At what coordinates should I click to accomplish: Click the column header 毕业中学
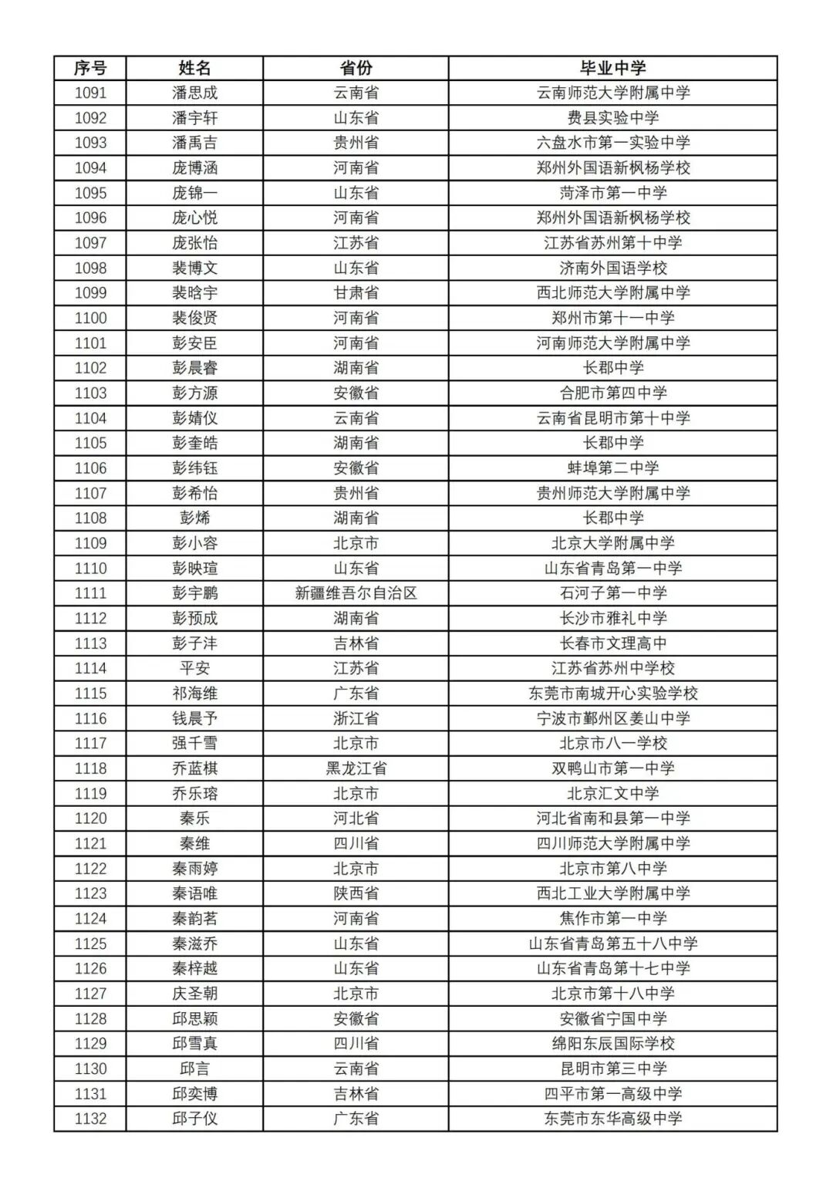click(x=612, y=68)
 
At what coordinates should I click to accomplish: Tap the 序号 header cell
click(x=90, y=68)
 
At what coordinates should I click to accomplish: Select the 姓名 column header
click(x=194, y=68)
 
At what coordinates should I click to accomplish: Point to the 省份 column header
click(x=356, y=68)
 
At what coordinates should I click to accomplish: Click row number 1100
click(x=90, y=318)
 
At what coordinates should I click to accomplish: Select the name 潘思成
click(x=194, y=93)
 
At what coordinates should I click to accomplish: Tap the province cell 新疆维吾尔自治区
click(x=356, y=593)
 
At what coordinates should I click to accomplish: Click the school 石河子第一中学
click(x=612, y=593)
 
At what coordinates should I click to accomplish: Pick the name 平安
click(x=194, y=668)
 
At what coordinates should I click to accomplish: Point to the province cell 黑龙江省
click(x=356, y=768)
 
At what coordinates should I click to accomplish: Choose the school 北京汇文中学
click(x=612, y=793)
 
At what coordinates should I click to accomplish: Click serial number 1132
click(x=90, y=1119)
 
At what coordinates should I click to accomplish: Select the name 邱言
click(x=194, y=1068)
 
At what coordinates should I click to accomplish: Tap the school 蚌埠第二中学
click(x=612, y=468)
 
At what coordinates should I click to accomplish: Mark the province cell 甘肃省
click(x=356, y=293)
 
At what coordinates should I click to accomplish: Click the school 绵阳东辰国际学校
click(x=612, y=1044)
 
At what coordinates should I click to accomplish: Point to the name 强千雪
click(x=194, y=743)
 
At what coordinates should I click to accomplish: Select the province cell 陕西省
click(x=356, y=893)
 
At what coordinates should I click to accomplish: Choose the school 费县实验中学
click(x=612, y=118)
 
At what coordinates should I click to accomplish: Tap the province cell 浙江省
click(x=356, y=718)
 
